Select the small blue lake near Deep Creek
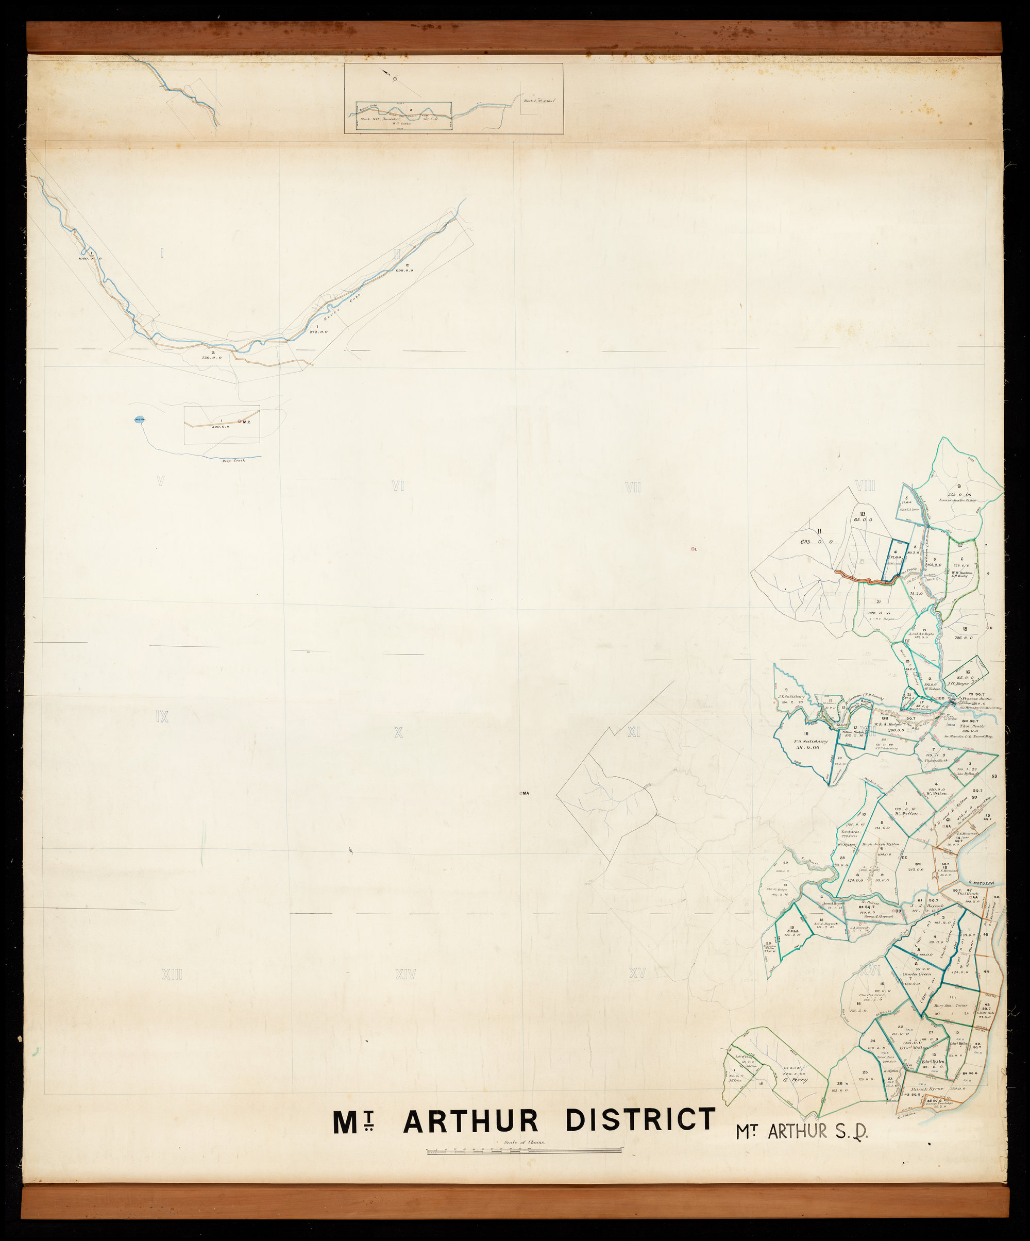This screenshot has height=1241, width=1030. tap(140, 420)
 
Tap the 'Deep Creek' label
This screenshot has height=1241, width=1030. tap(233, 460)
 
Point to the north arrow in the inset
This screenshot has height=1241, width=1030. tap(387, 73)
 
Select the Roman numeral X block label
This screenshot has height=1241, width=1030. tap(398, 732)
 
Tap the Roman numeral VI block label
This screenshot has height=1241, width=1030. tap(398, 486)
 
